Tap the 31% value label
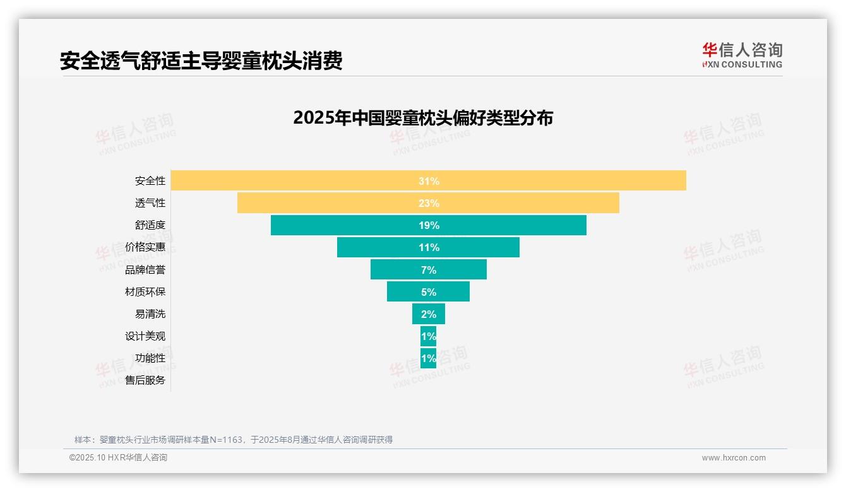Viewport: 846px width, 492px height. pos(429,181)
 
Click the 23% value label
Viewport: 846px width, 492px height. pos(429,203)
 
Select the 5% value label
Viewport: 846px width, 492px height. pos(429,292)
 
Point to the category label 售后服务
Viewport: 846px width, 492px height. pos(145,380)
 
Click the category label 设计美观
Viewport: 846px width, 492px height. pos(145,336)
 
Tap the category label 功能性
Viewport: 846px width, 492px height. pos(150,358)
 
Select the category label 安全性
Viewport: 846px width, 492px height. pos(150,181)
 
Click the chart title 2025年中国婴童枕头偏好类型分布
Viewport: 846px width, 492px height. pos(423,118)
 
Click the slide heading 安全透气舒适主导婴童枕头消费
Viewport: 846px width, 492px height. pos(201,61)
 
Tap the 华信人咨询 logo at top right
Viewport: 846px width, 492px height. pos(742,55)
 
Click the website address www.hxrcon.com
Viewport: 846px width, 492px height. pos(734,458)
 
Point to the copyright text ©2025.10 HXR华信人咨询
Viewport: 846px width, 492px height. pos(118,458)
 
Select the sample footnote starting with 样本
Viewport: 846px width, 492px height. pos(234,440)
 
